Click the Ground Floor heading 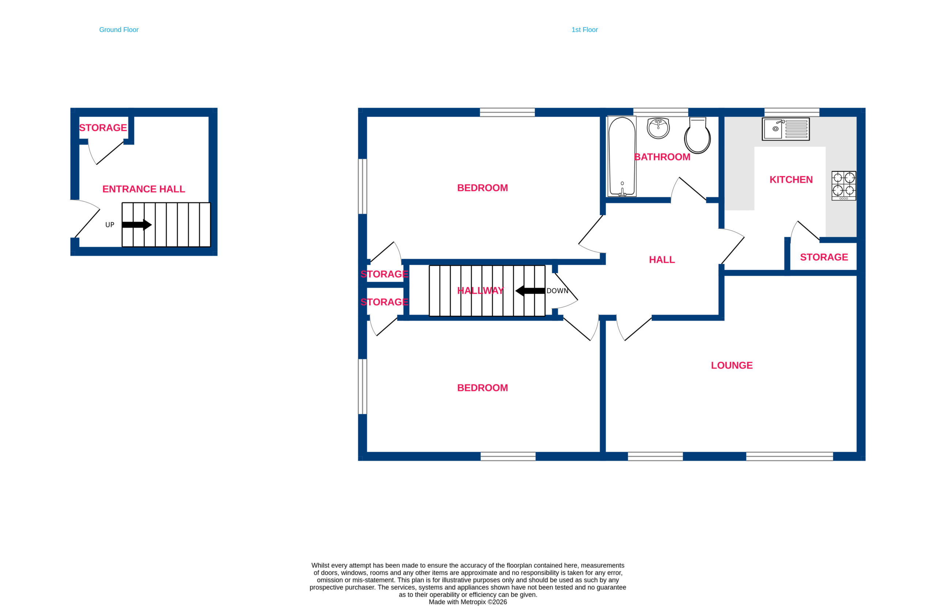(119, 30)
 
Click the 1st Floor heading (584, 30)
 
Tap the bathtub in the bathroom (622, 156)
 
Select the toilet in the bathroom (697, 135)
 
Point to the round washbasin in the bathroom (658, 128)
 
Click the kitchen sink (786, 129)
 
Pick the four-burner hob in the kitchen (843, 186)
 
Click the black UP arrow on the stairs (137, 225)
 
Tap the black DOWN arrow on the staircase (531, 291)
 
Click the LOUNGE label (732, 365)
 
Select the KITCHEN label (791, 180)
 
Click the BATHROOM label (662, 157)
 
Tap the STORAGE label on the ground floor (103, 128)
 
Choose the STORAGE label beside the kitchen (824, 257)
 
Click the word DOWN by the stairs (557, 291)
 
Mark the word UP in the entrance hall (110, 225)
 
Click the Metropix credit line (468, 602)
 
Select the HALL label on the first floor (662, 260)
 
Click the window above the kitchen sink (792, 112)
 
